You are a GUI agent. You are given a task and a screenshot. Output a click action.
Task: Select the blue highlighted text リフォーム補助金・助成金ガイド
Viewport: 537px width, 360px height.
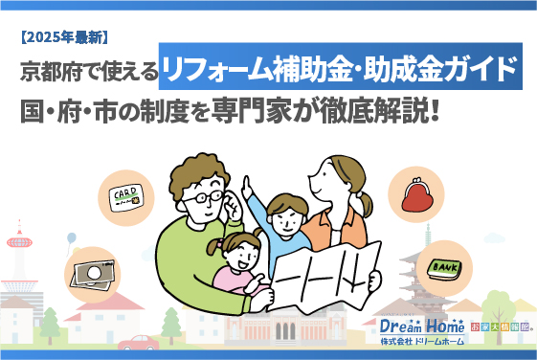[x=342, y=70]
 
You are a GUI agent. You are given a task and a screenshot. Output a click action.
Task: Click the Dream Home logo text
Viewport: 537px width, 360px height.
[x=414, y=326]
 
